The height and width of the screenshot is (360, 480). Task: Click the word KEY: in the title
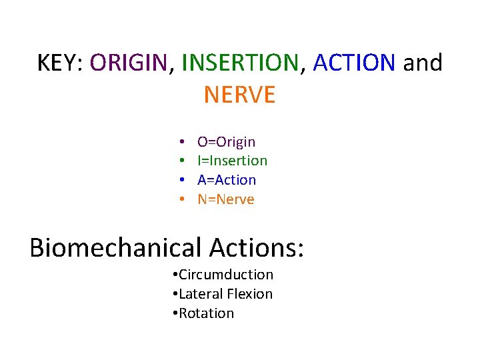click(60, 63)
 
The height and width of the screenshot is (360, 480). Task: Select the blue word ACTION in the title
click(353, 63)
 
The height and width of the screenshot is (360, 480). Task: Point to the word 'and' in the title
click(423, 63)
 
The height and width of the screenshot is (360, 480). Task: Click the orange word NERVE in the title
click(239, 95)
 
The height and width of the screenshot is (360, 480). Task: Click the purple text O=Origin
click(226, 141)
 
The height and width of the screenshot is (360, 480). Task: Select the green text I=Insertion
click(232, 161)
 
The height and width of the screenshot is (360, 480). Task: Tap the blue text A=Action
click(227, 180)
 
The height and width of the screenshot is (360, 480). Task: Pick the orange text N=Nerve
click(226, 199)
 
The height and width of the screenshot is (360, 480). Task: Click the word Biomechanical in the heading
click(115, 247)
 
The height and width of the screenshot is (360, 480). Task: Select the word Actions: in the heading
click(257, 247)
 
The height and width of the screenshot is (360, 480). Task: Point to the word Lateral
click(202, 294)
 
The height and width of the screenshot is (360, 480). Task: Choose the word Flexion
click(251, 294)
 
